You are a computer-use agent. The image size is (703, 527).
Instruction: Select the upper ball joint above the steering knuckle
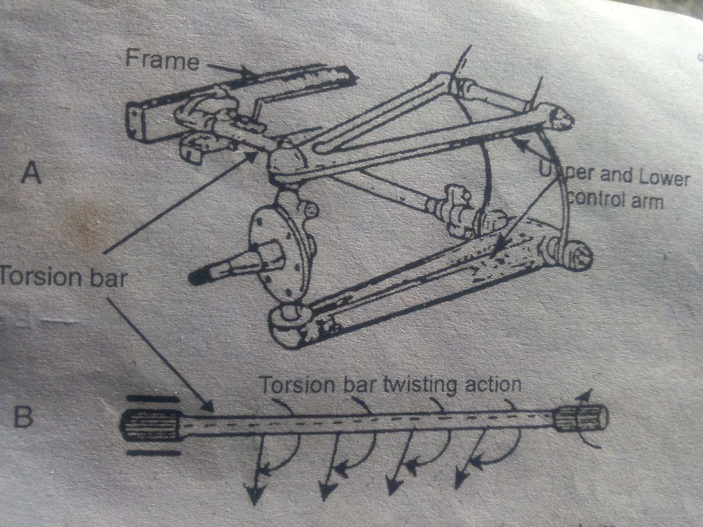click(286, 163)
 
